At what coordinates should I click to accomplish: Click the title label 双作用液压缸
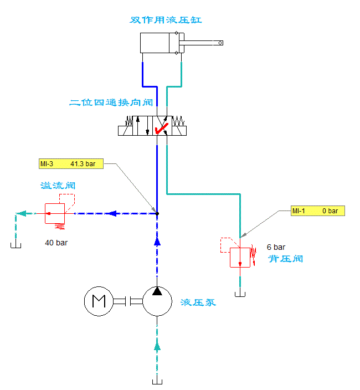[166, 20]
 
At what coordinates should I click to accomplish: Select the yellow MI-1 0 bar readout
[318, 211]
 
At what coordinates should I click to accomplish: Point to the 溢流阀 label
[58, 186]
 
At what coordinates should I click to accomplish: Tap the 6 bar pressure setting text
[276, 247]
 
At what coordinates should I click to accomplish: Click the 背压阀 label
[285, 259]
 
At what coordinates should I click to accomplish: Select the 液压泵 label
[198, 302]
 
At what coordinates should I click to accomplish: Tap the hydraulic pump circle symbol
[157, 301]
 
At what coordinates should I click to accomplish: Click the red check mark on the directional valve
[162, 129]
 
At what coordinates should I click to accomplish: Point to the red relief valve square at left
[55, 213]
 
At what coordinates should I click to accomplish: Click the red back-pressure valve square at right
[240, 257]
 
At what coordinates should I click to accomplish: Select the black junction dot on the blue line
[157, 213]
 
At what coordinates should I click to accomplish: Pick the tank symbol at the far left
[16, 245]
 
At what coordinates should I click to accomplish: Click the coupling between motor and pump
[128, 302]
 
